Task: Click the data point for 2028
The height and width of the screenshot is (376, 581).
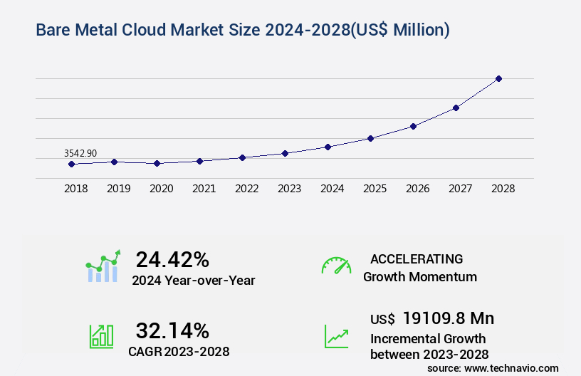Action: (498, 78)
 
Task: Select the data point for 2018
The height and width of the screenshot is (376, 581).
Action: (71, 164)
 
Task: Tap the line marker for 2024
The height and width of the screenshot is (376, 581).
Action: (328, 147)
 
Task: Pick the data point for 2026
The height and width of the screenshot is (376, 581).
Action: (413, 126)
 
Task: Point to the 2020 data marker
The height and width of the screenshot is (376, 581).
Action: (157, 163)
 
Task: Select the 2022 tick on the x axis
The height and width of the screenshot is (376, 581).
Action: (246, 189)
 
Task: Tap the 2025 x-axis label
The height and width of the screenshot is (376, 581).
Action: (375, 189)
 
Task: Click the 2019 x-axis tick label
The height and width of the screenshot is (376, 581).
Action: (118, 189)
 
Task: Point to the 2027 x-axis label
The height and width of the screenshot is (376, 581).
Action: (460, 189)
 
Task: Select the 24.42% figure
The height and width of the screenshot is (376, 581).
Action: (172, 259)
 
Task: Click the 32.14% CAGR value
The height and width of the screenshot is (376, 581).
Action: (172, 330)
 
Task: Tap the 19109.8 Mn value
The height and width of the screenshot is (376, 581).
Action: (448, 318)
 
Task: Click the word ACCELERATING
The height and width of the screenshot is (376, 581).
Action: (417, 258)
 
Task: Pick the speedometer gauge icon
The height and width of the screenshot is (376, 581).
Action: (336, 266)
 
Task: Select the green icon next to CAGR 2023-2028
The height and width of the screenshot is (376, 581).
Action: (100, 335)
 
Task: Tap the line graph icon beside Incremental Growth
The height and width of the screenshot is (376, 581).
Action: (336, 335)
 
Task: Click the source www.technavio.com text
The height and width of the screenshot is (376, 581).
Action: (493, 367)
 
